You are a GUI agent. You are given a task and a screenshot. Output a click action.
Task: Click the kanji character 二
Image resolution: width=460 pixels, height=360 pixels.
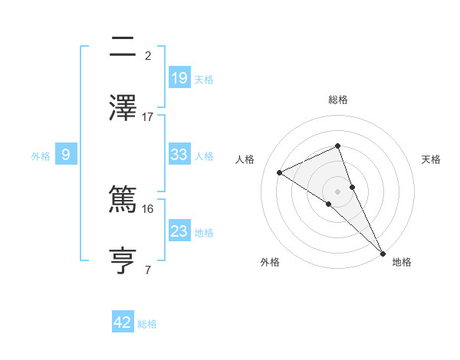(x=123, y=48)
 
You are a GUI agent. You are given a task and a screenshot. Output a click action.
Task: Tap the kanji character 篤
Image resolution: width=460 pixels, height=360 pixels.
(x=123, y=201)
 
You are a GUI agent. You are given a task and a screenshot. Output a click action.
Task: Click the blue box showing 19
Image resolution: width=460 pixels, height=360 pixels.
(x=179, y=77)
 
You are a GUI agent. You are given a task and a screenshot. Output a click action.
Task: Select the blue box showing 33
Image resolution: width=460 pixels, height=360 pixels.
(x=179, y=154)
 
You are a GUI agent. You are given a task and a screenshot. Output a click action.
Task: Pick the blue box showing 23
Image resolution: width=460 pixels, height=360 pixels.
(x=179, y=231)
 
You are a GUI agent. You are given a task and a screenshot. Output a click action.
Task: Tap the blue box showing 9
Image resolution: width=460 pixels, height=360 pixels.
(x=66, y=154)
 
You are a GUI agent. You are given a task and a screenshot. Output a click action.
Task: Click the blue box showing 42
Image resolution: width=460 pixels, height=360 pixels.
(x=123, y=322)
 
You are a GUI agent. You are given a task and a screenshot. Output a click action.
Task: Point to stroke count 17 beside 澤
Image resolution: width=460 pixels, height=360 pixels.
(x=148, y=116)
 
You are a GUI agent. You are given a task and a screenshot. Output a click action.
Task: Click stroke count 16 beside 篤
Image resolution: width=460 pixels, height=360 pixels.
(x=148, y=208)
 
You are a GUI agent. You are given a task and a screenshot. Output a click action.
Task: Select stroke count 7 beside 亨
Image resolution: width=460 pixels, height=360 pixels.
(x=148, y=270)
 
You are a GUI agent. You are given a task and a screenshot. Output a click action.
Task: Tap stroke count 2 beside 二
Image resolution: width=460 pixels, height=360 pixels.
(x=148, y=55)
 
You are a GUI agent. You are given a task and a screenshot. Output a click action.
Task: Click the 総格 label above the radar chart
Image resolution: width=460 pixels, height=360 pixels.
(x=337, y=100)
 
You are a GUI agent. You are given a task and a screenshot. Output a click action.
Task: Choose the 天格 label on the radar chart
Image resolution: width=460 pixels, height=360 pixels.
(x=432, y=159)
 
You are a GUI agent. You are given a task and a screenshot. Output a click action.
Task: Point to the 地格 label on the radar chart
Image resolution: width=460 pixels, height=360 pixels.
(x=402, y=263)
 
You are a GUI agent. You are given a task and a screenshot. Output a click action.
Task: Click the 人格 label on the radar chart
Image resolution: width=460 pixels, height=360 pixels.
(x=245, y=159)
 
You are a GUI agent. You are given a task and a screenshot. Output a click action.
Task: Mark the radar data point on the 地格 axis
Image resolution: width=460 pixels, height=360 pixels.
(x=383, y=253)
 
